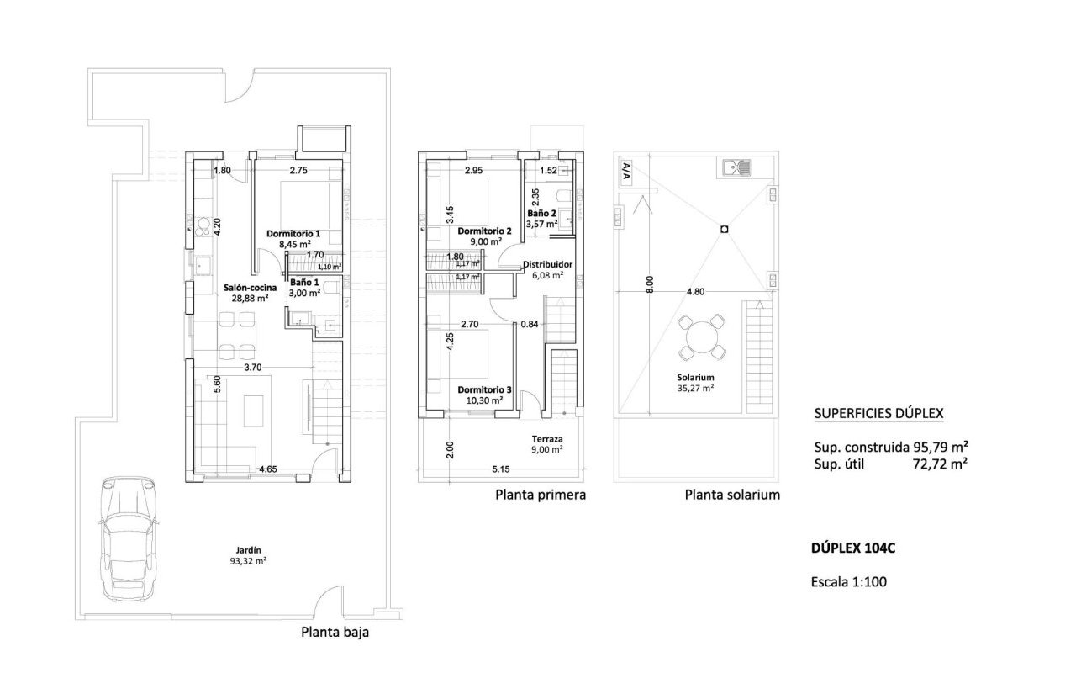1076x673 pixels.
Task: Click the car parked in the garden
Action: tap(129, 539)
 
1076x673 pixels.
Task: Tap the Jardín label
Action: tap(248, 550)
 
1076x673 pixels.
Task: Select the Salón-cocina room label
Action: tap(250, 288)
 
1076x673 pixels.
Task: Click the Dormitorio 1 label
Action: tap(293, 234)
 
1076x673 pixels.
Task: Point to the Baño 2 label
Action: tap(541, 213)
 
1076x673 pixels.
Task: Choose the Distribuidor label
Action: tap(547, 264)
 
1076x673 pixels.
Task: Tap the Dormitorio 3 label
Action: tap(484, 389)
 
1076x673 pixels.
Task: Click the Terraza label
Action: tap(547, 439)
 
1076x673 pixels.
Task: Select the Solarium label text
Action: tap(695, 378)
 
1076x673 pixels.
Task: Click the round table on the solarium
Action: tap(702, 337)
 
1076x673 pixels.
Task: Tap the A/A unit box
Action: tap(626, 172)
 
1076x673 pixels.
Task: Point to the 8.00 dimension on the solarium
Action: tap(650, 284)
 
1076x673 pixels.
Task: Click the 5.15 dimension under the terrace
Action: tap(500, 469)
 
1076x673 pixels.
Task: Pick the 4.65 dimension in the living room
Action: tap(267, 469)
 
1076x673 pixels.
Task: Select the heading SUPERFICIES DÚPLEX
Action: tap(878, 413)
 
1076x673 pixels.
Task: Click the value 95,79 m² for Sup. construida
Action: tap(940, 447)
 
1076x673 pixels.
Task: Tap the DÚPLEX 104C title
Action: tap(853, 548)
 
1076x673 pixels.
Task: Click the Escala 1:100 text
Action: tap(849, 581)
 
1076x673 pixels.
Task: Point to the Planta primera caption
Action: tap(541, 495)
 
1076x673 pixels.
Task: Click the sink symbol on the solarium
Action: tap(736, 167)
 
